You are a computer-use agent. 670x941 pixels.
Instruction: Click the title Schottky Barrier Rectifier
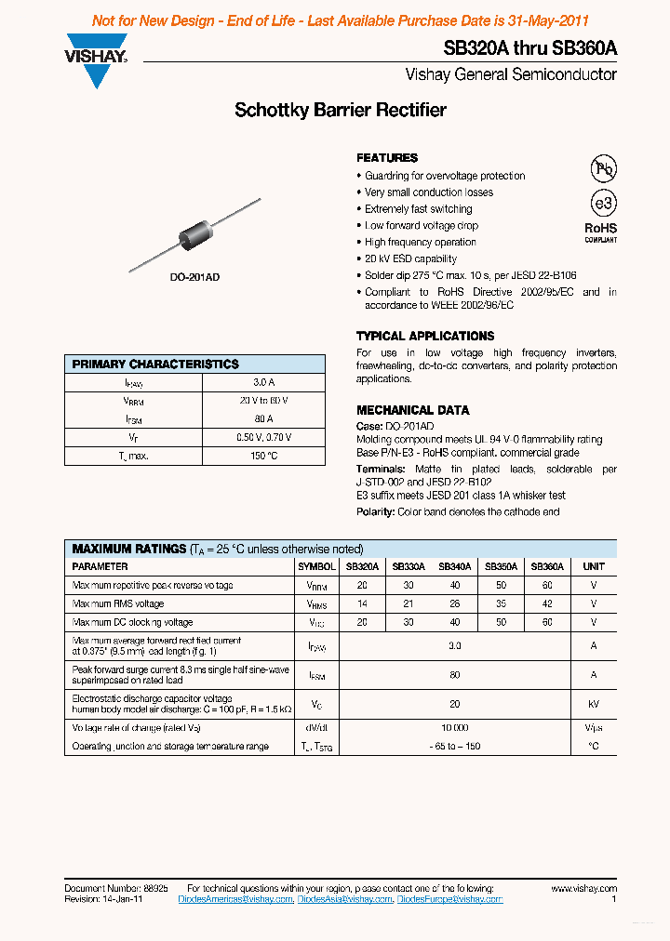(341, 110)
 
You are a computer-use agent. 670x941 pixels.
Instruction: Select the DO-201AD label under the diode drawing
(194, 278)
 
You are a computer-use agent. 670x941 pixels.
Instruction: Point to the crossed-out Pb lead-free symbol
(604, 168)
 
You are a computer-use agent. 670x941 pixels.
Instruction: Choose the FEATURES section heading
(387, 158)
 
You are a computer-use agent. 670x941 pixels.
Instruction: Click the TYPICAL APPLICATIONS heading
(425, 336)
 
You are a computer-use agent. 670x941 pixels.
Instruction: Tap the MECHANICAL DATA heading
(412, 410)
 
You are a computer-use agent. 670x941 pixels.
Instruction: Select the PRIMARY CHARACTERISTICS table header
(155, 364)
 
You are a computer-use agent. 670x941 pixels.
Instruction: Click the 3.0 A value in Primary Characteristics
(263, 382)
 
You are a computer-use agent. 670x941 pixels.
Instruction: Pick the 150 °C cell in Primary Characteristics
(263, 456)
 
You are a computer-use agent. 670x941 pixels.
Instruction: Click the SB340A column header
(454, 566)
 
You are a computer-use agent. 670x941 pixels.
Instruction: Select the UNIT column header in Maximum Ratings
(593, 566)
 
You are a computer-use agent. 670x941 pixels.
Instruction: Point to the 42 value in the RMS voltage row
(546, 603)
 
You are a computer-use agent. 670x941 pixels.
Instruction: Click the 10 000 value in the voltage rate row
(454, 728)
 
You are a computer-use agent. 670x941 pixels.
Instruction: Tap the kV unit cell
(593, 705)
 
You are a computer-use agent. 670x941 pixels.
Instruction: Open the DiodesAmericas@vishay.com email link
(235, 899)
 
